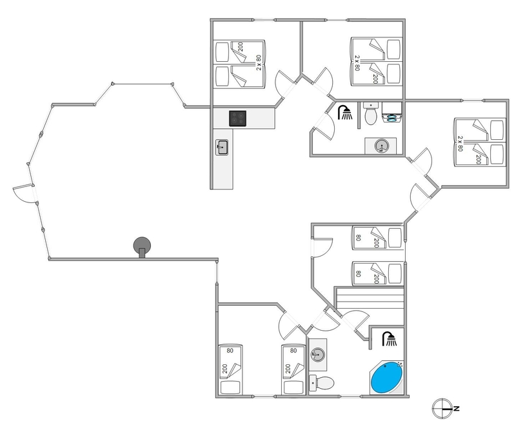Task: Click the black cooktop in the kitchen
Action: [x=238, y=119]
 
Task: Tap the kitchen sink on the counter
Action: [x=222, y=147]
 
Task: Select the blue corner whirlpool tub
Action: [x=387, y=378]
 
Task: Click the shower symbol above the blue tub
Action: [x=390, y=339]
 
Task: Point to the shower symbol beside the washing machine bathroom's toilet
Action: [x=345, y=112]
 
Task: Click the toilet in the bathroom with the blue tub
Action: [x=322, y=383]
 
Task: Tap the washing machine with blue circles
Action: [x=391, y=112]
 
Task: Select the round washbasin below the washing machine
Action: [x=381, y=146]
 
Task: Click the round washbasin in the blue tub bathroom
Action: [x=318, y=355]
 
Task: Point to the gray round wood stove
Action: [x=142, y=247]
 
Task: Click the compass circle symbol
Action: [x=442, y=409]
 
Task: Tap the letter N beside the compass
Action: [x=457, y=408]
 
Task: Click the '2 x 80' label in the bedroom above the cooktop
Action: [x=259, y=63]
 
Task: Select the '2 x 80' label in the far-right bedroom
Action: [x=460, y=144]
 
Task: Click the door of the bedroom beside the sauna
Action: [x=322, y=248]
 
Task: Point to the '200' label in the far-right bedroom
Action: [x=478, y=160]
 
